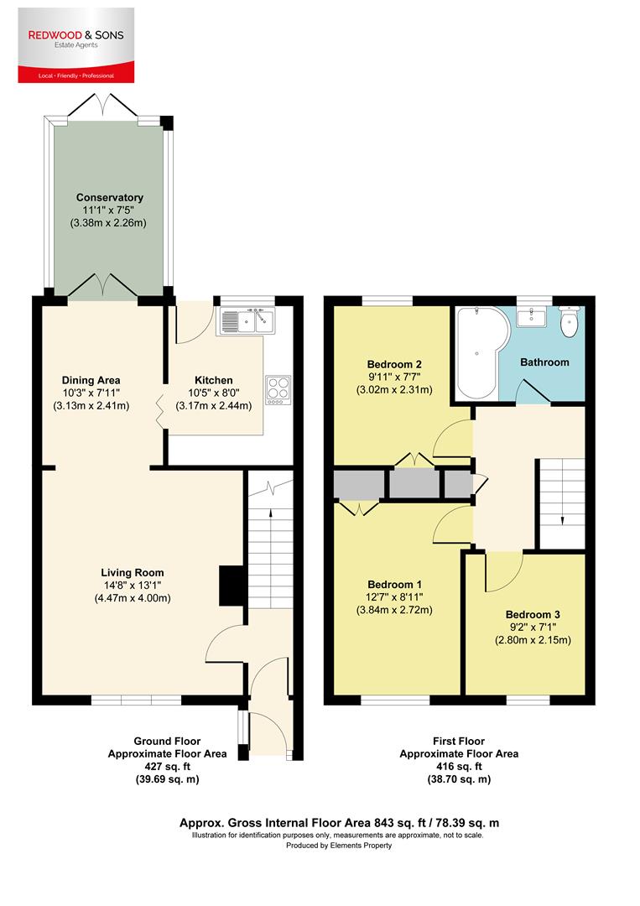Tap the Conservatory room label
pos(110,198)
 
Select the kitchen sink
pos(246,320)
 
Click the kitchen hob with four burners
pos(278,388)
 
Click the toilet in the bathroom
pos(570,320)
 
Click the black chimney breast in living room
pos(229,586)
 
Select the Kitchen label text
pos(213,380)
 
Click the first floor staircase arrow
pos(560,520)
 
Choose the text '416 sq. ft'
pos(458,767)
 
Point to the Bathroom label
pos(544,362)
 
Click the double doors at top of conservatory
pos(103,107)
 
